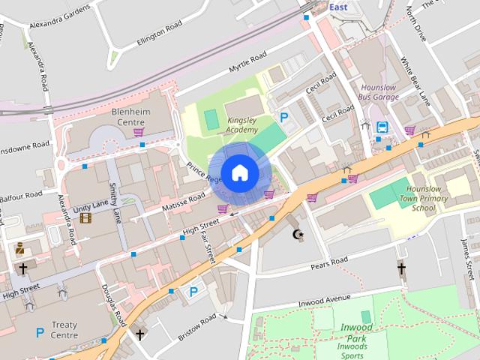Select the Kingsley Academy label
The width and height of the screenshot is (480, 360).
tap(231, 124)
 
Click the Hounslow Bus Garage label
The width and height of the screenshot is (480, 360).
tap(379, 92)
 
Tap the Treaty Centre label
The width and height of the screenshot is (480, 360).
tap(64, 330)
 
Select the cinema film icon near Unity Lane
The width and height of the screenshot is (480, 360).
tap(85, 218)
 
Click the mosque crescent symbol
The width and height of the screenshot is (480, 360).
tap(298, 235)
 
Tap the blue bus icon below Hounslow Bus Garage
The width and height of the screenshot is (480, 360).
tap(382, 127)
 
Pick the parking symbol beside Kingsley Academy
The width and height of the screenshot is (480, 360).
tap(284, 117)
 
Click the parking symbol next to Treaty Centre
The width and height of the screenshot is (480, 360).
tap(39, 332)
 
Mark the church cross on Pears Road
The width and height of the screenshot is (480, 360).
tap(401, 268)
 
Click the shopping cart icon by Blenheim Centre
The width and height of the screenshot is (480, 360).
tap(139, 133)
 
